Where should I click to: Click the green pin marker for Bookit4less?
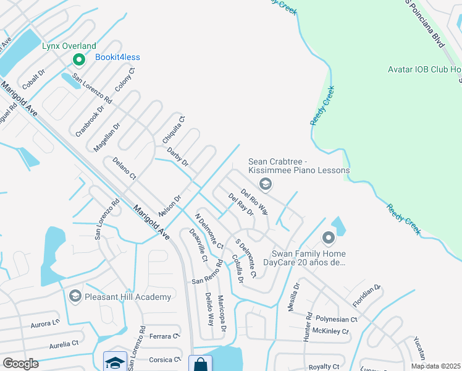[x=78, y=59]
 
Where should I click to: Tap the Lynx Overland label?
[x=69, y=46]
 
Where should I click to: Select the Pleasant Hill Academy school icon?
[x=75, y=297]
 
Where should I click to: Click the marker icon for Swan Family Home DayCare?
[x=327, y=237]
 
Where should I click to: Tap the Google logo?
[x=20, y=364]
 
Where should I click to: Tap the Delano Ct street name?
[x=124, y=169]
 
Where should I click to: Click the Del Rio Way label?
[x=254, y=201]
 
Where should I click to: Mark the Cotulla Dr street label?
[x=238, y=268]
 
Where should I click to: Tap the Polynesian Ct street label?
[x=337, y=320]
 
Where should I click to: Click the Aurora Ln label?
[x=45, y=323]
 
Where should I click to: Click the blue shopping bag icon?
[x=199, y=364]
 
